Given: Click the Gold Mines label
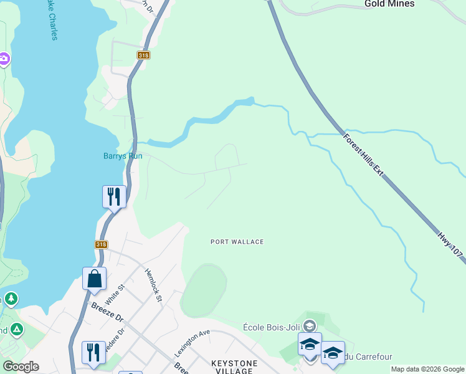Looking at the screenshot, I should (390, 4).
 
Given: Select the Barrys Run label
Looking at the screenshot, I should (123, 156).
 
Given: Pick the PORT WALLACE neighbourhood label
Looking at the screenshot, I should (237, 242).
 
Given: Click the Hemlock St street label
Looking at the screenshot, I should (153, 285).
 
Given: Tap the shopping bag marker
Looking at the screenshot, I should (94, 279).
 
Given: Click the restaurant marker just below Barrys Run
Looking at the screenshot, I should (114, 196).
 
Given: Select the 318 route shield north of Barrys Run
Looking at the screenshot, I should (144, 55).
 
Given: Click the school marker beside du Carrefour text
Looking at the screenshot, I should (333, 353).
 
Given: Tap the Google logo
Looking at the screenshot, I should (21, 367).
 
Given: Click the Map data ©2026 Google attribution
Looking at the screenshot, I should (427, 369).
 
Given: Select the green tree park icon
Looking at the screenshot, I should (11, 300).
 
